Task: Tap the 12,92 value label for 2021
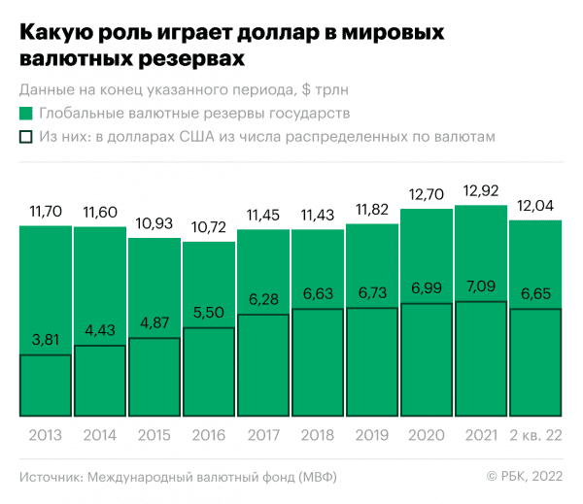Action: coord(481,189)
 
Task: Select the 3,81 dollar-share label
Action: coord(45,342)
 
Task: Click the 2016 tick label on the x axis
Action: coord(208,435)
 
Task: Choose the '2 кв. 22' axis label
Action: coord(535,435)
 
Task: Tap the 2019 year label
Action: coord(372,435)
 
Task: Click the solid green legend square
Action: coord(26,115)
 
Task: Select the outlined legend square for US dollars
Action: coord(26,138)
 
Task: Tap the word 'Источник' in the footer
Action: coord(50,476)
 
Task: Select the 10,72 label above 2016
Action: coord(208,227)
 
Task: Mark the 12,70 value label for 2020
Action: coord(427,193)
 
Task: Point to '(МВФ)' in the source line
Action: coord(317,476)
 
